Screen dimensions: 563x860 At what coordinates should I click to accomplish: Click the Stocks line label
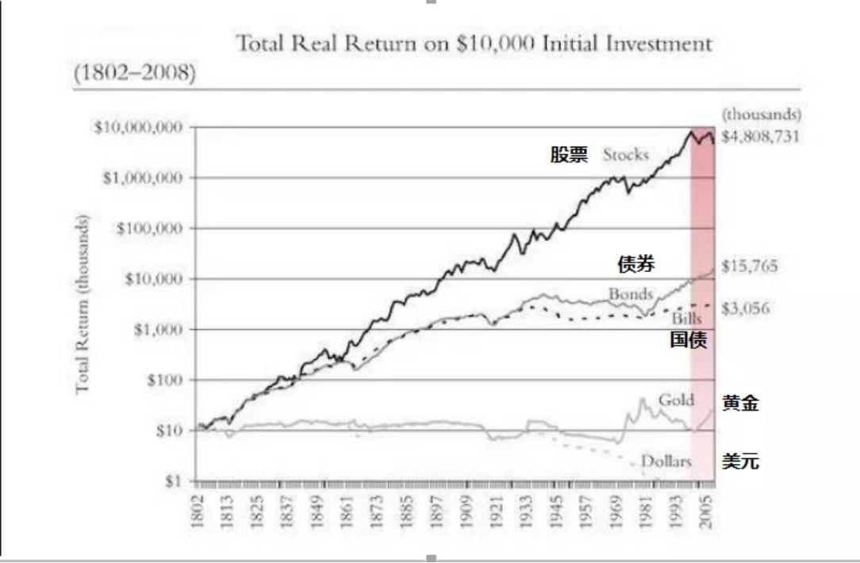[x=626, y=155]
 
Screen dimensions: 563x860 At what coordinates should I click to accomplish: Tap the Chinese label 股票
[x=570, y=155]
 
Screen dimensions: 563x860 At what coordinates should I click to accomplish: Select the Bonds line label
[x=631, y=294]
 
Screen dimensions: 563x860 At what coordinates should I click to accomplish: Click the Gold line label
[x=677, y=399]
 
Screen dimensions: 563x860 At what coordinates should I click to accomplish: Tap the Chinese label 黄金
[x=740, y=404]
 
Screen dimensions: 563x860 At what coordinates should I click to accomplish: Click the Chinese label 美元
[x=740, y=461]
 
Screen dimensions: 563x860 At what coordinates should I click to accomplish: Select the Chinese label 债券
[x=636, y=264]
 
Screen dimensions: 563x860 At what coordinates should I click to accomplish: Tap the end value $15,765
[x=750, y=267]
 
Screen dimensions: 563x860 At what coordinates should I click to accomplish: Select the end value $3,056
[x=747, y=308]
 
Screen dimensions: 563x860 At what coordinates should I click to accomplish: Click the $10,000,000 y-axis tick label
[x=139, y=127]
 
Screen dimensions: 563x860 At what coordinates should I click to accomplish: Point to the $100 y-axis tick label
[x=163, y=380]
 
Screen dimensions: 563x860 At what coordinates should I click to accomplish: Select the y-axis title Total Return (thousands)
[x=83, y=304]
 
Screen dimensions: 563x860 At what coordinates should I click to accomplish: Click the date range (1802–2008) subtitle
[x=135, y=72]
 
